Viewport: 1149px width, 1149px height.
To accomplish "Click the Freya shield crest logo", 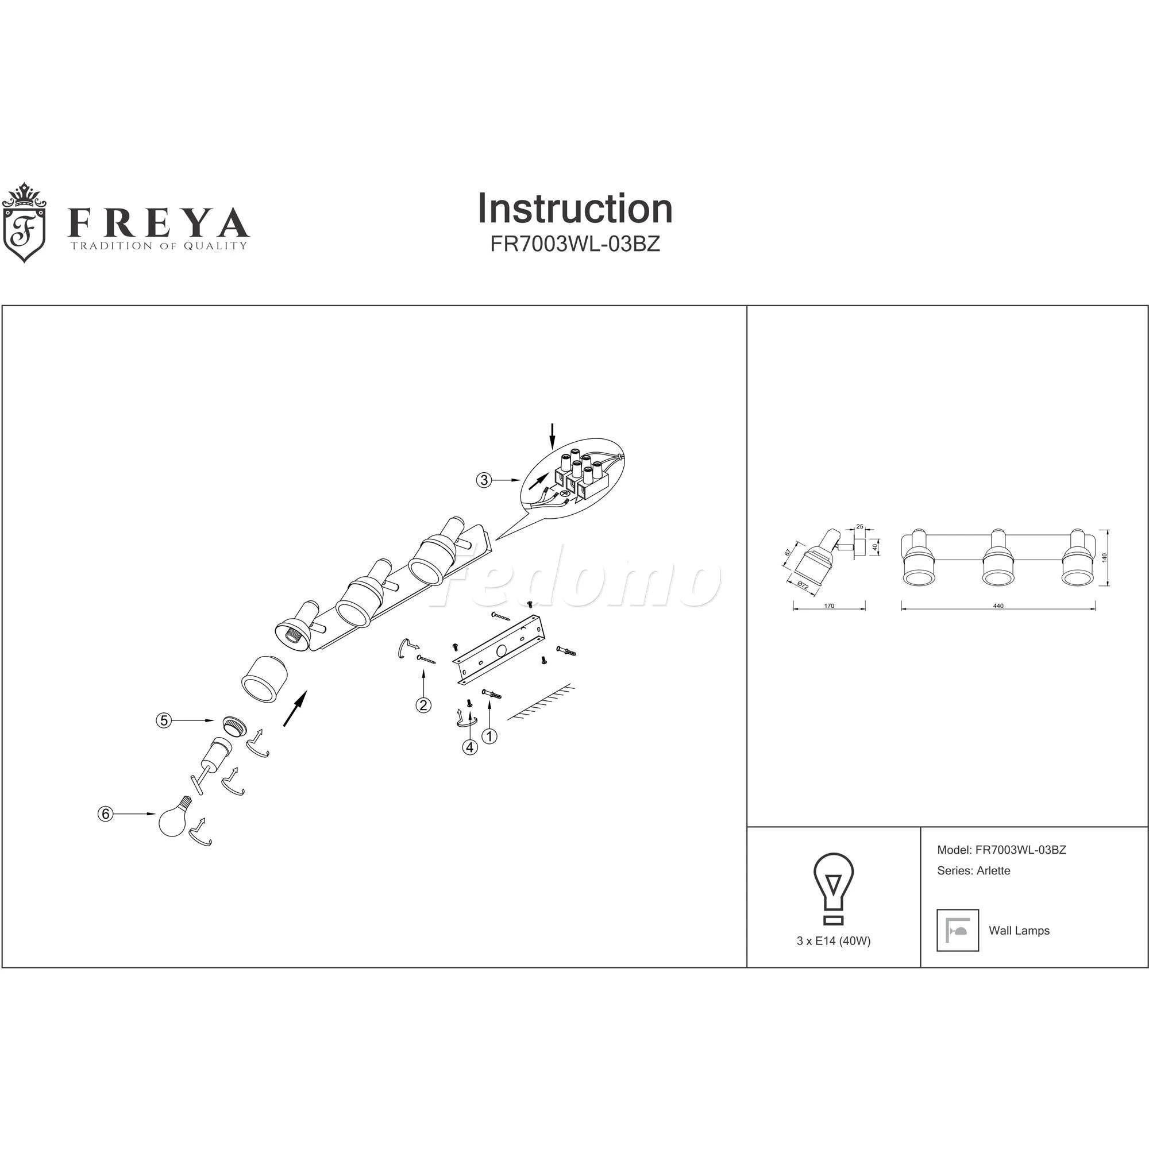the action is pos(24,222).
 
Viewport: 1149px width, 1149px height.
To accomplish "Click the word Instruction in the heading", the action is pos(575,209).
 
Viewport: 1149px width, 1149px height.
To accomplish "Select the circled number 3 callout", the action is pos(485,479).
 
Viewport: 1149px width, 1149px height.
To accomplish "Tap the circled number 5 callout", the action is pos(164,720).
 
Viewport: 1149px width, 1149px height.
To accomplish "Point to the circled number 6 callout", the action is pos(105,813).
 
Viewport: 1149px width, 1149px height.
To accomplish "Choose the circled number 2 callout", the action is pos(423,705).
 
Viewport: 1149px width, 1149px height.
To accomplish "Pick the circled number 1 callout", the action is pos(489,737).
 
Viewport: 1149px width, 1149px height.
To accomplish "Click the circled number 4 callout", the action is pos(471,747).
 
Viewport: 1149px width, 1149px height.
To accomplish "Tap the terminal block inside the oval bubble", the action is pos(579,473).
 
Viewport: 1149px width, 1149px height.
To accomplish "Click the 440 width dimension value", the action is pos(998,606).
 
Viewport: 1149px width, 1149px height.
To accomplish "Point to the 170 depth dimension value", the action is pos(829,606).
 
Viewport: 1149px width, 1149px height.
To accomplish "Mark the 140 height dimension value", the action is pos(1104,558).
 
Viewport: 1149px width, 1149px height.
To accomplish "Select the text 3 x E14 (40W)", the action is pos(833,942).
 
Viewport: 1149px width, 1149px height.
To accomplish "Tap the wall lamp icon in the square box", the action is pos(958,930).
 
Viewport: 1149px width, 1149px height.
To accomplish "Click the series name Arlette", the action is pos(993,871).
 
